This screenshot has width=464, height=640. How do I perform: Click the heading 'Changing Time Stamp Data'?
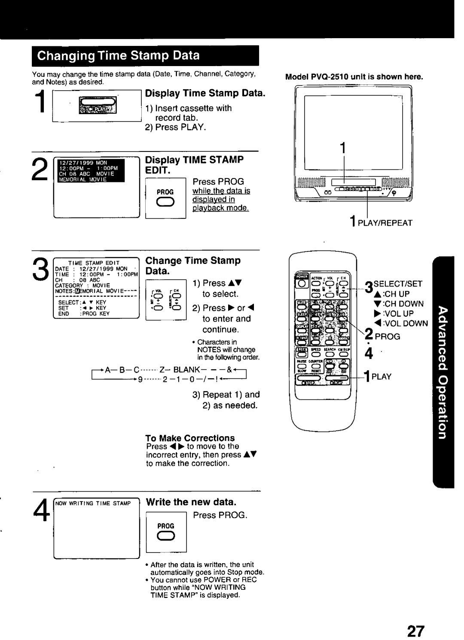click(118, 56)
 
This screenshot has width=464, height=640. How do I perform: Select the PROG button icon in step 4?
click(165, 536)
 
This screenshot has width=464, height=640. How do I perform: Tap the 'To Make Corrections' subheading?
click(190, 438)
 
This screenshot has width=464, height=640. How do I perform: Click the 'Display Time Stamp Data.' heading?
click(205, 93)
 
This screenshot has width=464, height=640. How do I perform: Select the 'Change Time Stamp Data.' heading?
click(193, 266)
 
